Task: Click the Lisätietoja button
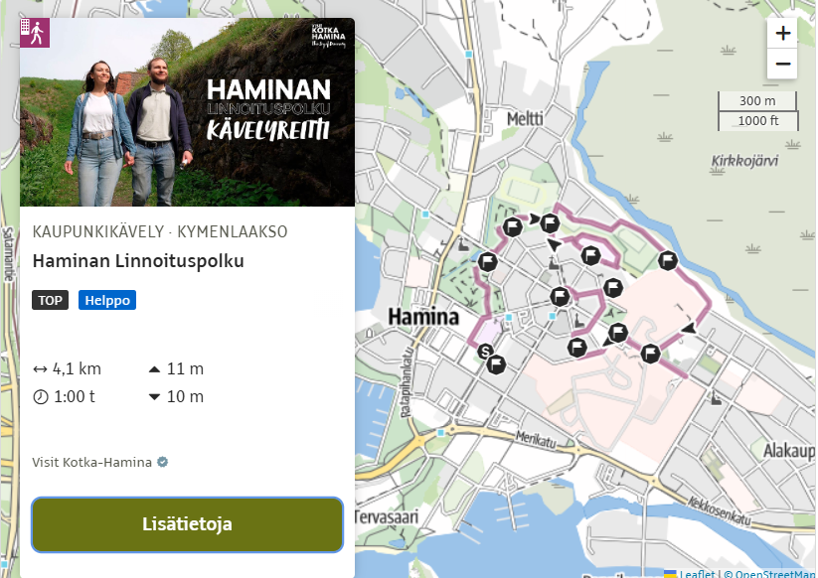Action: point(187,523)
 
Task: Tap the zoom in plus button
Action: point(782,33)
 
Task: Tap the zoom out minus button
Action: point(782,64)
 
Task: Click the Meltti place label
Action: point(525,118)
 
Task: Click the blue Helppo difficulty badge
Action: point(107,300)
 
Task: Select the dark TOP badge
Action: point(51,300)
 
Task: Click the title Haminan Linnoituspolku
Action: point(138,261)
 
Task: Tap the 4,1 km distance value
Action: point(77,369)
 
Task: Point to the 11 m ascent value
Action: point(185,369)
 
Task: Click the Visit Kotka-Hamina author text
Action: point(91,462)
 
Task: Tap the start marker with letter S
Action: point(485,351)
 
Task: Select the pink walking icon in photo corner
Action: point(34,33)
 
